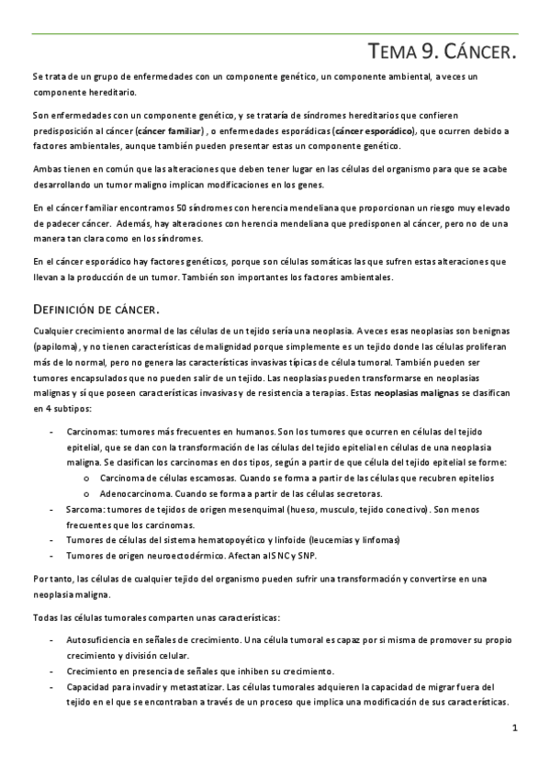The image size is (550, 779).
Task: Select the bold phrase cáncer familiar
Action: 169,131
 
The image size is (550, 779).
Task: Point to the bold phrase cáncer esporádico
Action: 374,131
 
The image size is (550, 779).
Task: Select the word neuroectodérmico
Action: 186,555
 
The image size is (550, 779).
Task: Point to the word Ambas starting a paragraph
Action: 47,170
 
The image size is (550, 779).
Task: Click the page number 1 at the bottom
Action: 515,729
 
